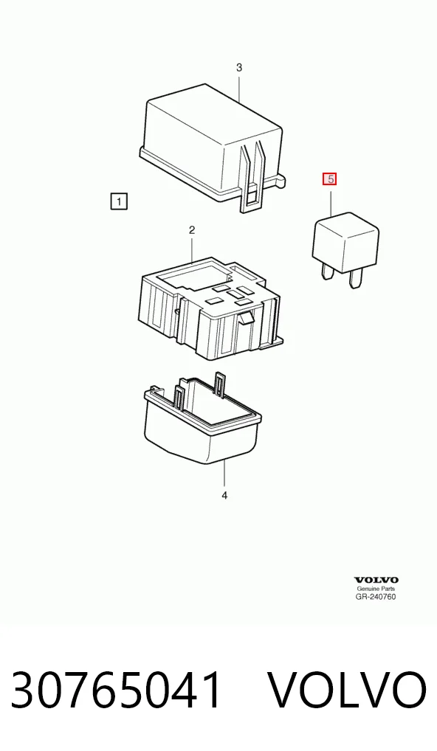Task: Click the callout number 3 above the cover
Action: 239,68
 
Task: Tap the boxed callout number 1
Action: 119,201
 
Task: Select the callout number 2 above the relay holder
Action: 192,230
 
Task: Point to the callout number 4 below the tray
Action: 224,495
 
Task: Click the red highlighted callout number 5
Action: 330,179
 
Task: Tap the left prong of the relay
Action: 328,274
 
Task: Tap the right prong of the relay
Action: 355,280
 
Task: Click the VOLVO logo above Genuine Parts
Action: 376,581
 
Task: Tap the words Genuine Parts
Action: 376,589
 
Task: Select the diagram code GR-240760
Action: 376,597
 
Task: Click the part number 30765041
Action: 117,690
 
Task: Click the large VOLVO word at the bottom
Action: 346,690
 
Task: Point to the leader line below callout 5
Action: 331,202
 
